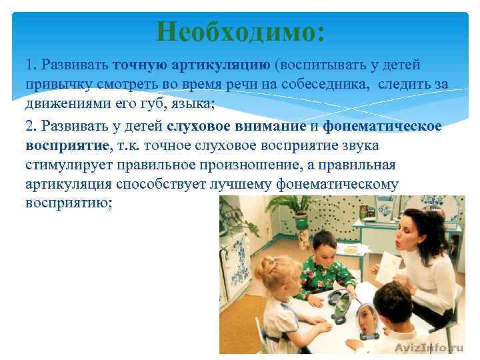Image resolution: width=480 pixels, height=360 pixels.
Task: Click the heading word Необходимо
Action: point(241,31)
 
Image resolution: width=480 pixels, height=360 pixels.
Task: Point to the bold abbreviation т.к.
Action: point(130,145)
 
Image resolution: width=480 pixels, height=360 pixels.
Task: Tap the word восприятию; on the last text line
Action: point(69,204)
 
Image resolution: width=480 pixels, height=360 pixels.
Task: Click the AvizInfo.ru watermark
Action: point(428,347)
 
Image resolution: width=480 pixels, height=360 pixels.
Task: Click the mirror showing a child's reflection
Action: point(366,320)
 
